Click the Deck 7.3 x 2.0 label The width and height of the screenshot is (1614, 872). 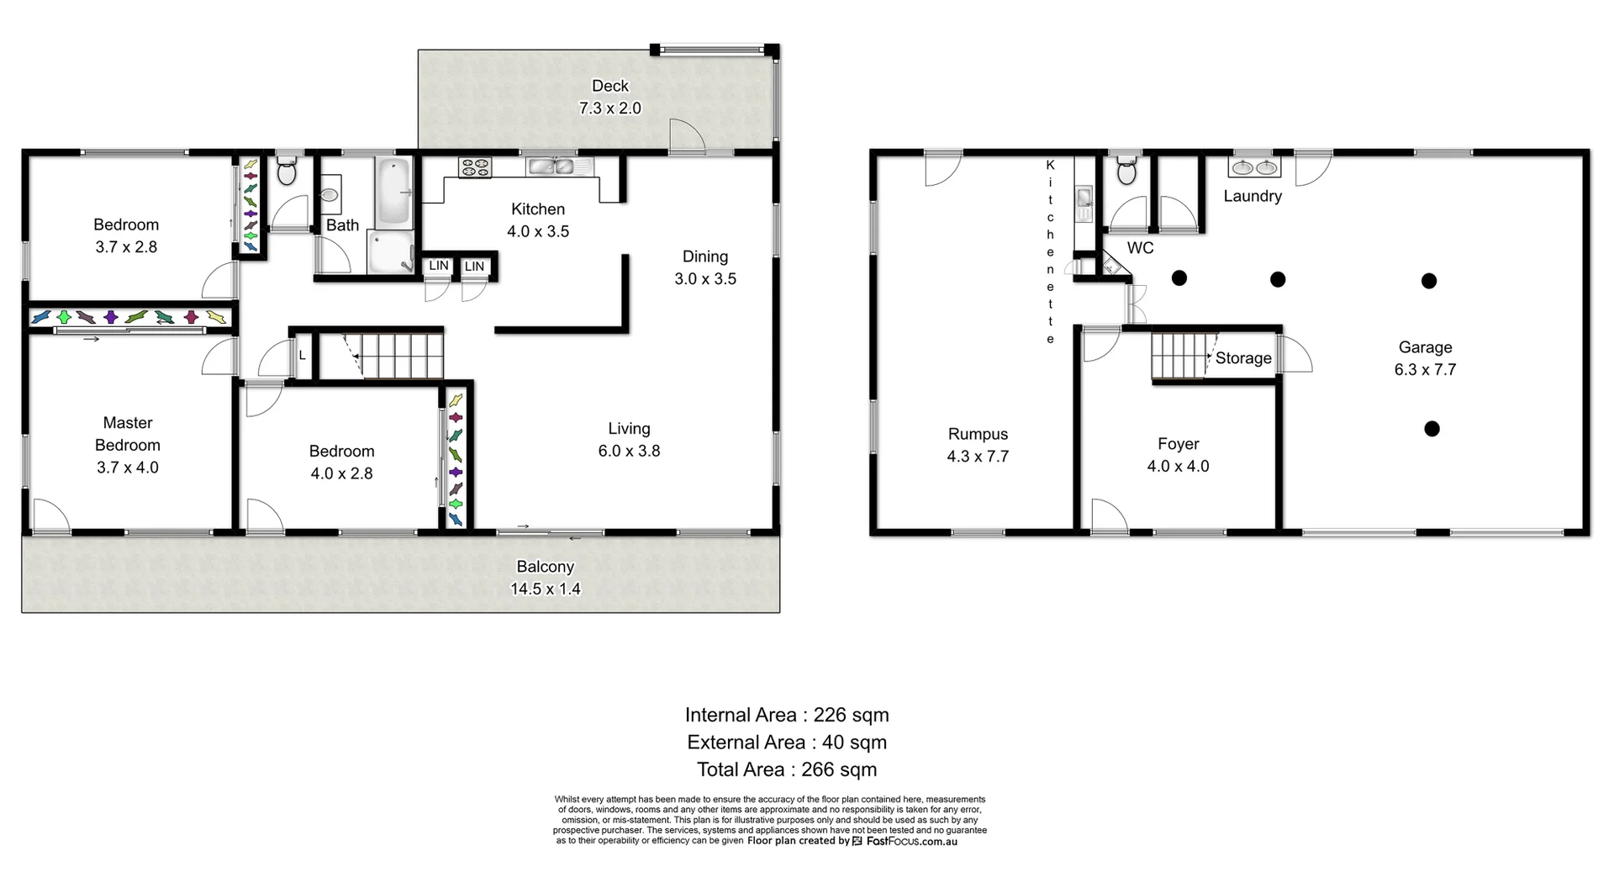[x=609, y=97]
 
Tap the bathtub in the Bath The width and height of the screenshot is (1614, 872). [x=393, y=192]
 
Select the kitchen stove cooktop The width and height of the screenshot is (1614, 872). [x=475, y=167]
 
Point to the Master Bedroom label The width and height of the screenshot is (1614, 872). [x=127, y=445]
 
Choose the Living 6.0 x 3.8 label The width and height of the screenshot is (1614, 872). [x=629, y=440]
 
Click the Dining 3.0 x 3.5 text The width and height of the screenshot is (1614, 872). [x=704, y=267]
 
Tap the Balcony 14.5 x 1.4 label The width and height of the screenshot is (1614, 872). [x=545, y=578]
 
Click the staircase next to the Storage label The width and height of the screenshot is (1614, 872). [x=1179, y=356]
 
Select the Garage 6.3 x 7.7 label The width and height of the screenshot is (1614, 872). [x=1425, y=358]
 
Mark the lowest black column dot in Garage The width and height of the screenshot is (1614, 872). [x=1432, y=429]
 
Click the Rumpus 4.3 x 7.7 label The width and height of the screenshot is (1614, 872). [x=978, y=445]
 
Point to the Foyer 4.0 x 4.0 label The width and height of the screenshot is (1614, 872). [x=1178, y=455]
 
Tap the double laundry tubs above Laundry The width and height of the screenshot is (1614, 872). [x=1254, y=167]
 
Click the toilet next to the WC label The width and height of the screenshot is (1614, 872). [x=1127, y=172]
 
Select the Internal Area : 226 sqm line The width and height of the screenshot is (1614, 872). [x=786, y=715]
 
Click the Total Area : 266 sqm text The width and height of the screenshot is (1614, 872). [x=786, y=769]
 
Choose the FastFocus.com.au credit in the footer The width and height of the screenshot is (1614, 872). [x=911, y=841]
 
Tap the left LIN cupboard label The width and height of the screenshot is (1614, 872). [x=438, y=266]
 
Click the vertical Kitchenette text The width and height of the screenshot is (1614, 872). [x=1050, y=251]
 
